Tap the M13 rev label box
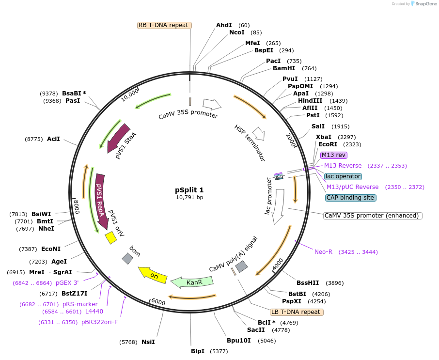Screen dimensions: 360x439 pos(334,155)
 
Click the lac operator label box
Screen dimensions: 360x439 pos(343,176)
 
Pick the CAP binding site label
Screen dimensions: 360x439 pos(351,198)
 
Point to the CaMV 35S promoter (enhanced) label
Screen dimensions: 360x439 pos(373,216)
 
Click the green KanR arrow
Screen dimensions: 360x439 pos(193,282)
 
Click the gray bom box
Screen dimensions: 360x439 pos(127,259)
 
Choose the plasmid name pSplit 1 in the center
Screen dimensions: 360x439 pos(189,190)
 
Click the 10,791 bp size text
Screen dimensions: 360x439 pos(189,197)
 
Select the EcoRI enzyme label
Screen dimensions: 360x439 pos(328,144)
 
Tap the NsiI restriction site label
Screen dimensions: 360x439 pos(148,342)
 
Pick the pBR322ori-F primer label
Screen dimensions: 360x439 pos(99,322)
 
